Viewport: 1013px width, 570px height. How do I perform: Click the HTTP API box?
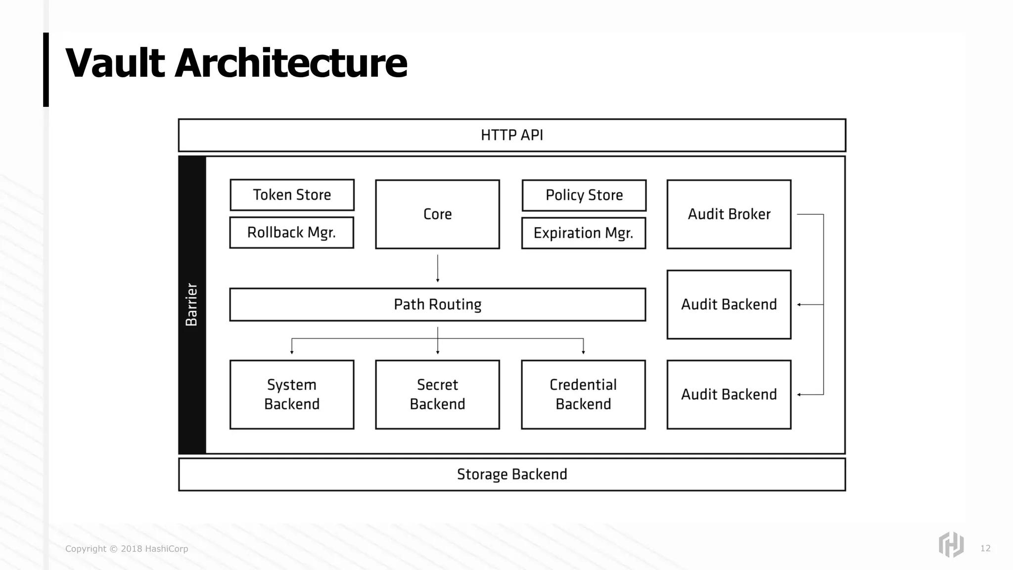point(512,135)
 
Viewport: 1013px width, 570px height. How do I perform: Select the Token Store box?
point(292,195)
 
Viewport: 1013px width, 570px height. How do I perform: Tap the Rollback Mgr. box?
point(292,233)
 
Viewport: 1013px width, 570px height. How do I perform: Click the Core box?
point(437,214)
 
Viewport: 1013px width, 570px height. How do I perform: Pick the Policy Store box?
point(584,195)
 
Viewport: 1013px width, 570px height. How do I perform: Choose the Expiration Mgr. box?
point(584,233)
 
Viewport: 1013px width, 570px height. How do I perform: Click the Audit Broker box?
point(729,214)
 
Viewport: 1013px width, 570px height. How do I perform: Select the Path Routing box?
point(437,304)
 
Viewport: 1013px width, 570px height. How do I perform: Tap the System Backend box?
point(292,394)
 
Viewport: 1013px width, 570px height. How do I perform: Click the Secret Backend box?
point(437,394)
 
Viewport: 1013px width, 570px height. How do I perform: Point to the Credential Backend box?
point(583,394)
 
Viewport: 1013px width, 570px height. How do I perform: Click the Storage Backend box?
point(512,475)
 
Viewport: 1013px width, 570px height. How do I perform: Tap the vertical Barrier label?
point(192,304)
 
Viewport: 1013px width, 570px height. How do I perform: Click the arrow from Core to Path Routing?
point(438,268)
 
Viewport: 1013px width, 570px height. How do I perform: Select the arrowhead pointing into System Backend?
point(292,351)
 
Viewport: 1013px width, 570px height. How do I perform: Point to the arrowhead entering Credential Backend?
point(584,351)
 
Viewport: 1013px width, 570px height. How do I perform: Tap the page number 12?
point(985,548)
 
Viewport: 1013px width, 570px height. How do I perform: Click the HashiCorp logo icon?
point(951,545)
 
